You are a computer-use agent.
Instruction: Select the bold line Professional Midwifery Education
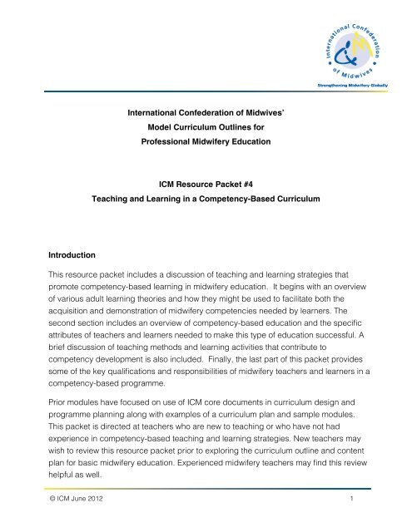[206, 143]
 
